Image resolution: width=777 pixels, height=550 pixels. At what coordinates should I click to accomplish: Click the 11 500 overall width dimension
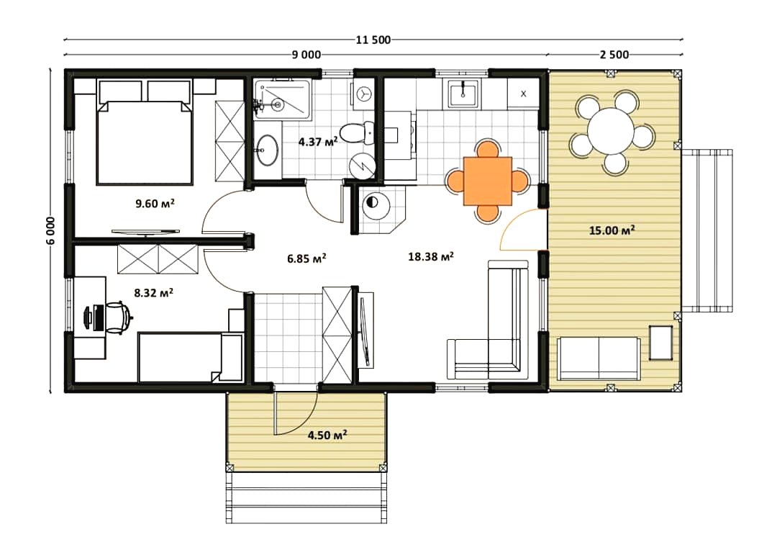(373, 40)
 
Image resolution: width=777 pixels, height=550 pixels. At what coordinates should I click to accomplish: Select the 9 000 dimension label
(306, 55)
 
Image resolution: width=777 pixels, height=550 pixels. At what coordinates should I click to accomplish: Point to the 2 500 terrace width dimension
(614, 55)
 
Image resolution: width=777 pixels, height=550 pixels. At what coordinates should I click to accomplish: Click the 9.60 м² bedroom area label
(155, 203)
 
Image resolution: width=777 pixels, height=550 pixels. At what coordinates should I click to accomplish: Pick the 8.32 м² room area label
(154, 292)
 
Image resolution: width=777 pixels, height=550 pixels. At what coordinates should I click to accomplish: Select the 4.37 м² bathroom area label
(318, 142)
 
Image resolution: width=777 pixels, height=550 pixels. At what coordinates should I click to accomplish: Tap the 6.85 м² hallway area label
(306, 258)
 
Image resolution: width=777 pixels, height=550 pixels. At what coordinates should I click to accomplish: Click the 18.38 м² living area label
(431, 256)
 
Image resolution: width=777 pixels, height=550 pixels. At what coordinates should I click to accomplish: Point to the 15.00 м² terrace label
(612, 230)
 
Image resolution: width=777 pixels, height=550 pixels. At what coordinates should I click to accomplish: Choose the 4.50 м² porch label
(327, 436)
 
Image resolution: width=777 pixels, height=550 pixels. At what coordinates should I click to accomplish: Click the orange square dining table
(488, 181)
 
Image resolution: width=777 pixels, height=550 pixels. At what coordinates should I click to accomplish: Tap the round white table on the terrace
(612, 132)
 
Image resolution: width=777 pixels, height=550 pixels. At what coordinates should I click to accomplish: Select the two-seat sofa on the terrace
(599, 358)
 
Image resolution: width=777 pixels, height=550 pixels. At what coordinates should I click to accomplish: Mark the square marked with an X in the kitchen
(523, 94)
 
